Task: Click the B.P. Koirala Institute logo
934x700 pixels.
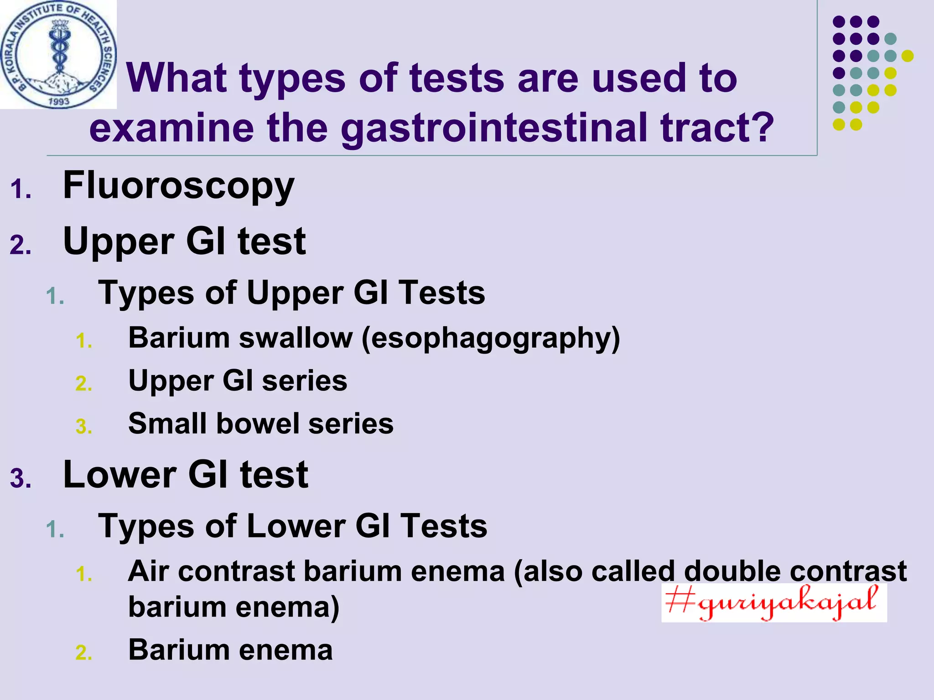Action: coord(58,54)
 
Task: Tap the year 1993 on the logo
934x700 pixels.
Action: coord(59,101)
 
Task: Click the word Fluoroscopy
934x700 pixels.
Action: coord(178,186)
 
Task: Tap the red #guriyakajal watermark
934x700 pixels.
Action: coord(773,602)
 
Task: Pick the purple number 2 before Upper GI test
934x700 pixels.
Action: coord(21,246)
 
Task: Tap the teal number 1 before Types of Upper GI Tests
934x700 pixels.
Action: coord(55,297)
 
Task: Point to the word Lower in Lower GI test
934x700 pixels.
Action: coord(119,475)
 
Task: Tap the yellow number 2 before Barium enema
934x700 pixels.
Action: coord(84,653)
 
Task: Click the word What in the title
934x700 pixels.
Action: coord(176,78)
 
